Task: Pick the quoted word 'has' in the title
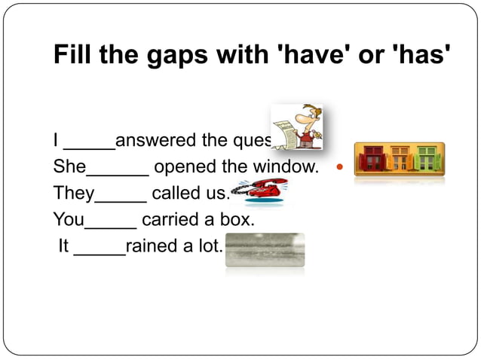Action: pyautogui.click(x=422, y=56)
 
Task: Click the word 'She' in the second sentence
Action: pyautogui.click(x=69, y=166)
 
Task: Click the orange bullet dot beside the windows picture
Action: pyautogui.click(x=339, y=166)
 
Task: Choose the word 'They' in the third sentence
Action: pyautogui.click(x=73, y=194)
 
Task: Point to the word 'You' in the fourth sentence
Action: pyautogui.click(x=69, y=220)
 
